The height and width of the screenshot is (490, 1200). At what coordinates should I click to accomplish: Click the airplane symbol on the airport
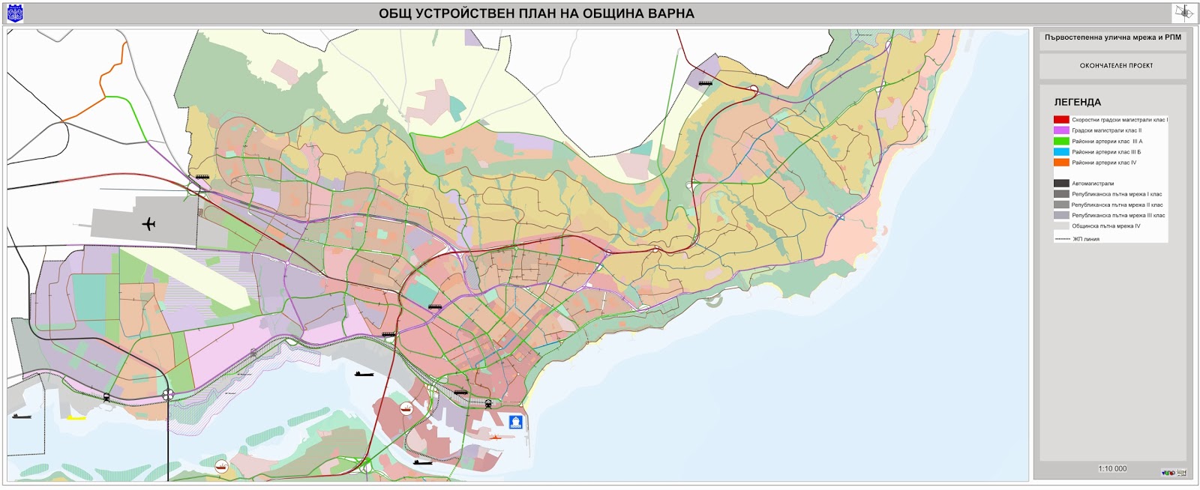coord(148,223)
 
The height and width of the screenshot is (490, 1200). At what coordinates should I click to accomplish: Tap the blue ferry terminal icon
coord(515,422)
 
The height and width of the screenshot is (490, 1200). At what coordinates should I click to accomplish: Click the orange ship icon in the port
coord(495,436)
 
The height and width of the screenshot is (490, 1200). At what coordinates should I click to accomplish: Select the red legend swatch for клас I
coord(1061,120)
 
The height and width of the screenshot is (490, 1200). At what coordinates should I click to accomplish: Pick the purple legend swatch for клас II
coord(1061,130)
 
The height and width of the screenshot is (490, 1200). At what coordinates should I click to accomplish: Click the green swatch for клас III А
coord(1061,141)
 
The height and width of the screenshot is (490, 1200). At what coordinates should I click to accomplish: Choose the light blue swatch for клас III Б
coord(1061,152)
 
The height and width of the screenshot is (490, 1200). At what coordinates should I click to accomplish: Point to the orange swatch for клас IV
coord(1061,163)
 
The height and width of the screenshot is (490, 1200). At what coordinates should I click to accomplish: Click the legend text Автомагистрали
coord(1093,184)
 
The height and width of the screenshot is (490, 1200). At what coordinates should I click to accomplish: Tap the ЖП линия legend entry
coord(1085,239)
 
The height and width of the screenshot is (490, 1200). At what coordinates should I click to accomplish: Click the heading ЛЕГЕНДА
coord(1077,102)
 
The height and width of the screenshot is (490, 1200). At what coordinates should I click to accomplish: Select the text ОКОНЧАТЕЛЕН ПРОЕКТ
coord(1116,66)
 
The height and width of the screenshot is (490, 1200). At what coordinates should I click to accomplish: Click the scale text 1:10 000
coord(1112,469)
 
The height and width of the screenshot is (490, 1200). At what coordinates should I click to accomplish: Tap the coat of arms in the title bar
coord(15,13)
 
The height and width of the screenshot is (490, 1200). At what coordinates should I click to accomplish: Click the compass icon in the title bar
coord(1184,13)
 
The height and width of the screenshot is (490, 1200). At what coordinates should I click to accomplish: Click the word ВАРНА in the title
coord(667,13)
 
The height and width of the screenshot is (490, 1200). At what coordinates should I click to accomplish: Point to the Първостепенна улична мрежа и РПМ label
coord(1112,37)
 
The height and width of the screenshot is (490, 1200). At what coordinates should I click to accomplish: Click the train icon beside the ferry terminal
coord(488,404)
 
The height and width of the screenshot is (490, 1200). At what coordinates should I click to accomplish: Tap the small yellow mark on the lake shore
coord(76,418)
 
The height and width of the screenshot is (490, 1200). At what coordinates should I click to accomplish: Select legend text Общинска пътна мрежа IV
coord(1105,226)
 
